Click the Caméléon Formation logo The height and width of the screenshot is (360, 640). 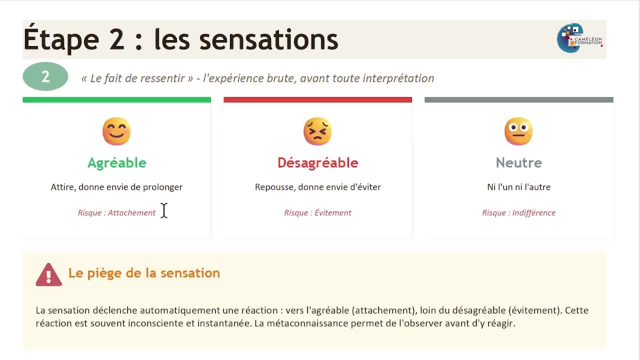[x=579, y=38]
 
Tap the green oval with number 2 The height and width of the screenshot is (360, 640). [x=45, y=76]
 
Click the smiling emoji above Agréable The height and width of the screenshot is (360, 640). [x=116, y=131]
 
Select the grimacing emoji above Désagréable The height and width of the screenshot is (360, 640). [x=317, y=131]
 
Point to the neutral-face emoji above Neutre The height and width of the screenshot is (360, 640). [x=518, y=131]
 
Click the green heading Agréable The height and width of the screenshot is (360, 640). [x=117, y=163]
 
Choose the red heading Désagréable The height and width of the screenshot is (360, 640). [x=317, y=162]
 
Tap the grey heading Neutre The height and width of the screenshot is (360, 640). [x=519, y=163]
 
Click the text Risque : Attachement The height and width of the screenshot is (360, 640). [x=116, y=213]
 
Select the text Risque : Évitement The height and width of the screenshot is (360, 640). [x=317, y=212]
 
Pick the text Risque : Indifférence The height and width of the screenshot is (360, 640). [x=519, y=213]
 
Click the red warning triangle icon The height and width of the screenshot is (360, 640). [x=49, y=274]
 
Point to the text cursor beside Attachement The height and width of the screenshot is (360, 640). [x=164, y=210]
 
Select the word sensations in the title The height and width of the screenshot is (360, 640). [x=269, y=39]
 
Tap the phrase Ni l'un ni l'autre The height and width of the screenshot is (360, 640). [x=519, y=187]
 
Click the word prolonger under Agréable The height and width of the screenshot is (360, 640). [x=162, y=187]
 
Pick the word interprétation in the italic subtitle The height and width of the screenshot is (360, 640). [x=398, y=78]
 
